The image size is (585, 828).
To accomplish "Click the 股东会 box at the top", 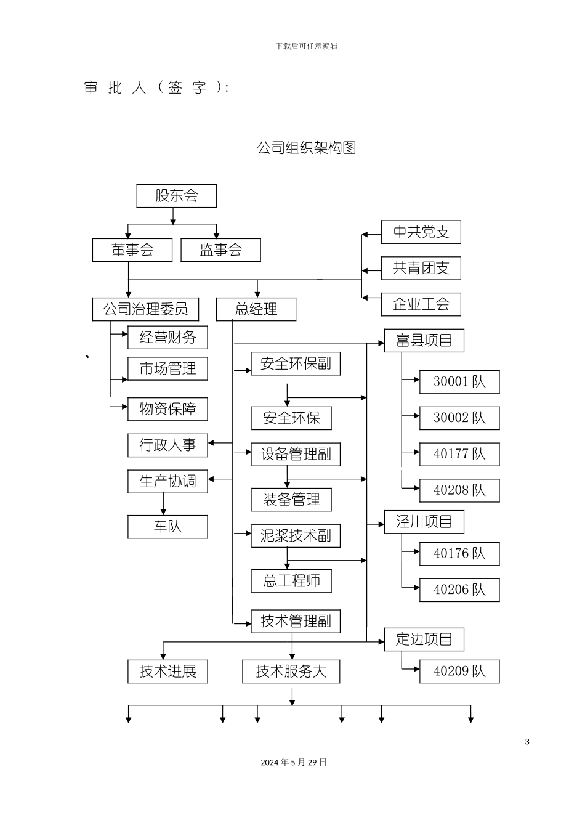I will click(x=176, y=196).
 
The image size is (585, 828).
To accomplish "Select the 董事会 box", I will click(x=132, y=250).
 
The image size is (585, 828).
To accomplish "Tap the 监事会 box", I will click(x=220, y=250).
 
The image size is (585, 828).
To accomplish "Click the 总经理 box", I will click(x=256, y=309).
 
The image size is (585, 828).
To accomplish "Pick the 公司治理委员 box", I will click(x=145, y=309).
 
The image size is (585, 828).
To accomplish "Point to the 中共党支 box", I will click(x=421, y=232).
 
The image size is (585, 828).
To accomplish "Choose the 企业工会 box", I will click(x=421, y=304).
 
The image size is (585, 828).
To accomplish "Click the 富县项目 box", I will click(x=424, y=341).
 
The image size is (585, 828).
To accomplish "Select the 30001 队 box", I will click(x=459, y=382).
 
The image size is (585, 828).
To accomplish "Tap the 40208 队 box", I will click(x=459, y=490).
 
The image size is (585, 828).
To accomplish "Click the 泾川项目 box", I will click(x=424, y=522).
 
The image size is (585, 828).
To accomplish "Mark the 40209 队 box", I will click(x=459, y=672).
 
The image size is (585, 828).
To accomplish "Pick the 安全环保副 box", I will click(x=296, y=364).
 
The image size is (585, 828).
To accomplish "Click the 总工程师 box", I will click(x=291, y=581).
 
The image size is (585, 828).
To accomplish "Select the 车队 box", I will click(x=167, y=527).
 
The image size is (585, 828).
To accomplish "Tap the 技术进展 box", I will click(x=167, y=672).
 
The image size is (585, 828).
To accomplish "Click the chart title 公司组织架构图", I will click(x=306, y=148).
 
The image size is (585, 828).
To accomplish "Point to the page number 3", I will click(x=527, y=742).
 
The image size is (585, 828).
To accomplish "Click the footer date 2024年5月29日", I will click(x=294, y=763).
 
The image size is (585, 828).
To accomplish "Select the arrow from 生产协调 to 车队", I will click(x=164, y=504).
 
